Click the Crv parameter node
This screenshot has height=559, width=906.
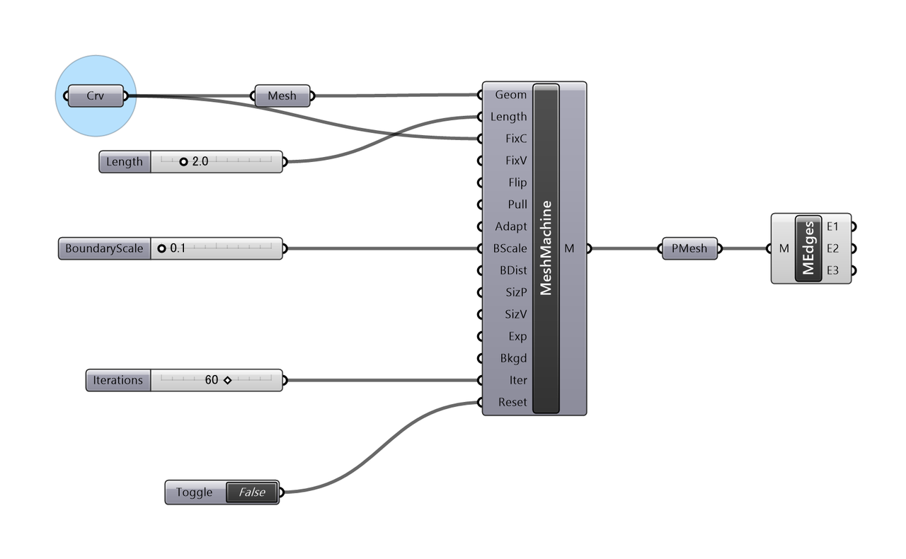click(95, 96)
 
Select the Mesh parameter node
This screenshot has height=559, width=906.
click(282, 96)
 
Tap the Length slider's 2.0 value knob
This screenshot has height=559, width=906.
click(183, 162)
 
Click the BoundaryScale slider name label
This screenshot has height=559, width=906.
click(104, 249)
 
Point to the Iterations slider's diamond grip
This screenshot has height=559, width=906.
click(227, 381)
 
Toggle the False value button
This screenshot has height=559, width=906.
click(251, 492)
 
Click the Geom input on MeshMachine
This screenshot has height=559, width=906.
click(510, 95)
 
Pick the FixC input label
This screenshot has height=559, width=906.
click(516, 139)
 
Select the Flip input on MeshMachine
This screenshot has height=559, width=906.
click(517, 183)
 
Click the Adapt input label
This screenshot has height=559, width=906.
click(511, 226)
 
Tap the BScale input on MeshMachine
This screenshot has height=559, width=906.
click(510, 248)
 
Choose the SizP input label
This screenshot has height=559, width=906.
click(515, 292)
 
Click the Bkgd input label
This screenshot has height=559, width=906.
click(513, 358)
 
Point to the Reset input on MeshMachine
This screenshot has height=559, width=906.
click(512, 402)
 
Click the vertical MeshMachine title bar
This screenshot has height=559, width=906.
click(546, 248)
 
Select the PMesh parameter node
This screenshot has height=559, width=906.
click(689, 249)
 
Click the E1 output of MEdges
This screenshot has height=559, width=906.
click(832, 226)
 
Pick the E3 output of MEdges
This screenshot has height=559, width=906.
click(832, 270)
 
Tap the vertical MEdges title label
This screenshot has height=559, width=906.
click(808, 248)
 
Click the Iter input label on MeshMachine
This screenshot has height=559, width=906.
click(518, 380)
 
